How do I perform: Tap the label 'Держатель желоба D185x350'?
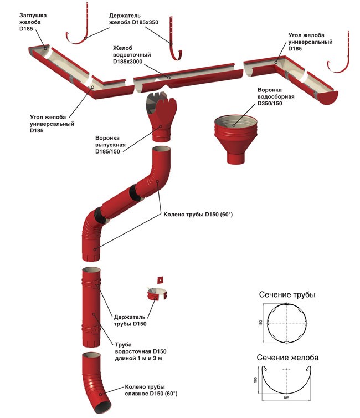tap(133, 18)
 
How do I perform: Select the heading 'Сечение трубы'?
tap(287, 295)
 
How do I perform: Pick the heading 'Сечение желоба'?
tap(287, 358)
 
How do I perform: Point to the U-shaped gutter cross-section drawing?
tap(287, 383)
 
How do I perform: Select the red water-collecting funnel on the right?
tap(236, 136)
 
